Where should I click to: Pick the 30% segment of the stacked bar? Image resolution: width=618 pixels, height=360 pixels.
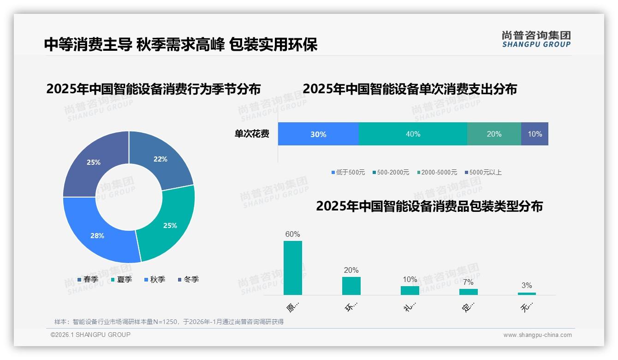tap(318, 134)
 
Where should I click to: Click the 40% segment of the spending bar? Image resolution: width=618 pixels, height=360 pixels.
tap(413, 134)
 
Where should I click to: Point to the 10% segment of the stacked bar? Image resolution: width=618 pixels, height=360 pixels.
tap(535, 134)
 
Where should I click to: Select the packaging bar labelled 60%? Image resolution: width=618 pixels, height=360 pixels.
tap(292, 268)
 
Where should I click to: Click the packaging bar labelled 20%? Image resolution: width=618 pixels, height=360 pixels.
tap(351, 286)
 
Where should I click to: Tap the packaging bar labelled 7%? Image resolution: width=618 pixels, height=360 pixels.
tap(468, 292)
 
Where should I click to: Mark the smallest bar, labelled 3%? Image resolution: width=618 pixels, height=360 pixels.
tap(527, 294)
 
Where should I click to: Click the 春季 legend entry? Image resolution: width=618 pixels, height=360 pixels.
tap(88, 279)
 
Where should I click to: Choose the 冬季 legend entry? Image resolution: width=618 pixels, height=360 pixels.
tap(188, 279)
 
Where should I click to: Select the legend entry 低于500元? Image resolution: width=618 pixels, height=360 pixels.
tap(348, 172)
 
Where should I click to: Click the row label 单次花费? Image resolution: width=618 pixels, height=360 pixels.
tap(252, 134)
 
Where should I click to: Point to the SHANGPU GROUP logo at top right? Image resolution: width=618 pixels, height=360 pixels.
tap(536, 39)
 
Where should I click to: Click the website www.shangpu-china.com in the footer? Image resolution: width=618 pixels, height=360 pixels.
tap(537, 335)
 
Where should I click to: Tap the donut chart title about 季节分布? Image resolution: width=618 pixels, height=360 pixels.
tap(153, 89)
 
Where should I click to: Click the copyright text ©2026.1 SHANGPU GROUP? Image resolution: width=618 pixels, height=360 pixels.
tap(90, 335)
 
